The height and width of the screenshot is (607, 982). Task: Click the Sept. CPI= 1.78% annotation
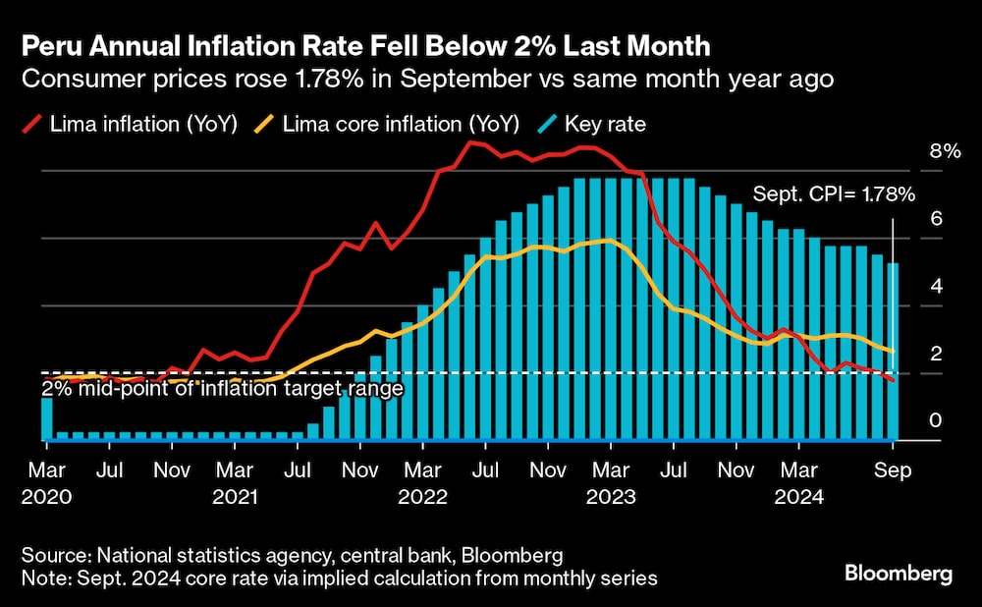(834, 194)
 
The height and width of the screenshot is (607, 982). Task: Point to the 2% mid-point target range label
(222, 388)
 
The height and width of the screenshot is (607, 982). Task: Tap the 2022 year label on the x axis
(422, 497)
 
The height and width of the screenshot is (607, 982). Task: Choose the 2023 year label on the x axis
(610, 497)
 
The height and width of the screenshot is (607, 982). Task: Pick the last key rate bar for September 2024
(893, 352)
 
